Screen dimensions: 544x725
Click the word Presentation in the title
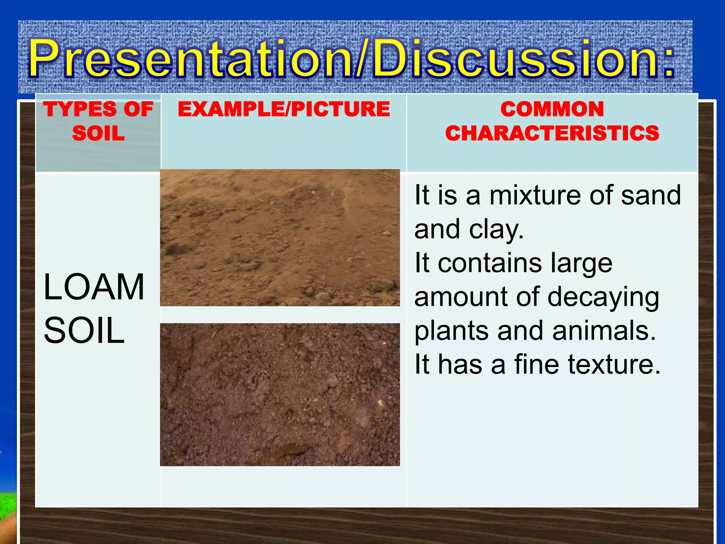point(191,58)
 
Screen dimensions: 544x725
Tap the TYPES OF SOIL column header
point(98,121)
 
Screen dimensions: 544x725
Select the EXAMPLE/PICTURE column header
point(284,109)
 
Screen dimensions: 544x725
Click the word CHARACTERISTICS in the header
point(552,134)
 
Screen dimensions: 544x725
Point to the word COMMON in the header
point(552,109)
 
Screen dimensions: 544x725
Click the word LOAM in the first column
point(94,287)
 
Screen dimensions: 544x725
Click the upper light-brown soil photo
point(280,238)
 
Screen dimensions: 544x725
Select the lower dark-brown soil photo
point(280,395)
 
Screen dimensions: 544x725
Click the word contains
point(490,263)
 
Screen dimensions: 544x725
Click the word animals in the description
point(604,331)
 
